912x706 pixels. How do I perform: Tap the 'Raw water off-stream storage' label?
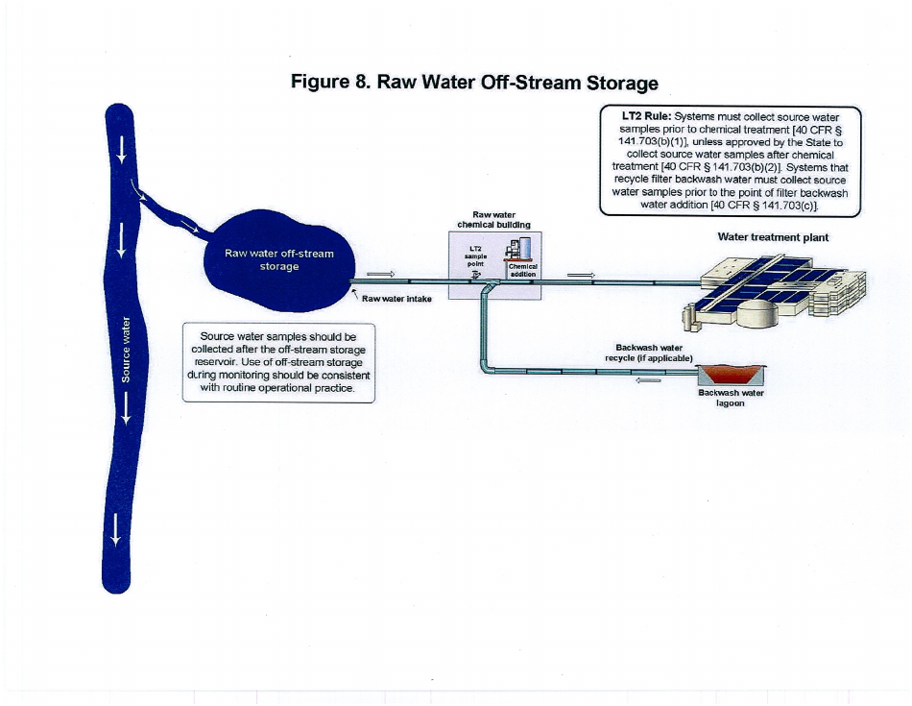279,259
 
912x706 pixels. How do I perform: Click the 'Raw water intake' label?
396,299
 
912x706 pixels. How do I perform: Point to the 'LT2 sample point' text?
475,257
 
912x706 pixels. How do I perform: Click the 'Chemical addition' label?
522,270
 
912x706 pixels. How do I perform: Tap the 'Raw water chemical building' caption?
493,220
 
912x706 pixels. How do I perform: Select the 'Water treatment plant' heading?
773,236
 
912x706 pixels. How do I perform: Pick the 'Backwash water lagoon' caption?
731,398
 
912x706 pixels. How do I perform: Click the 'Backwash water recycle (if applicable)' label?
648,352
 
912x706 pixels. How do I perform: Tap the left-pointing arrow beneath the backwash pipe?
650,379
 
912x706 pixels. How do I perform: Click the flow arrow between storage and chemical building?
381,273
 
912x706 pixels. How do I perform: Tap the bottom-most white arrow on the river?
116,528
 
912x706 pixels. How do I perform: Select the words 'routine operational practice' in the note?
287,389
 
